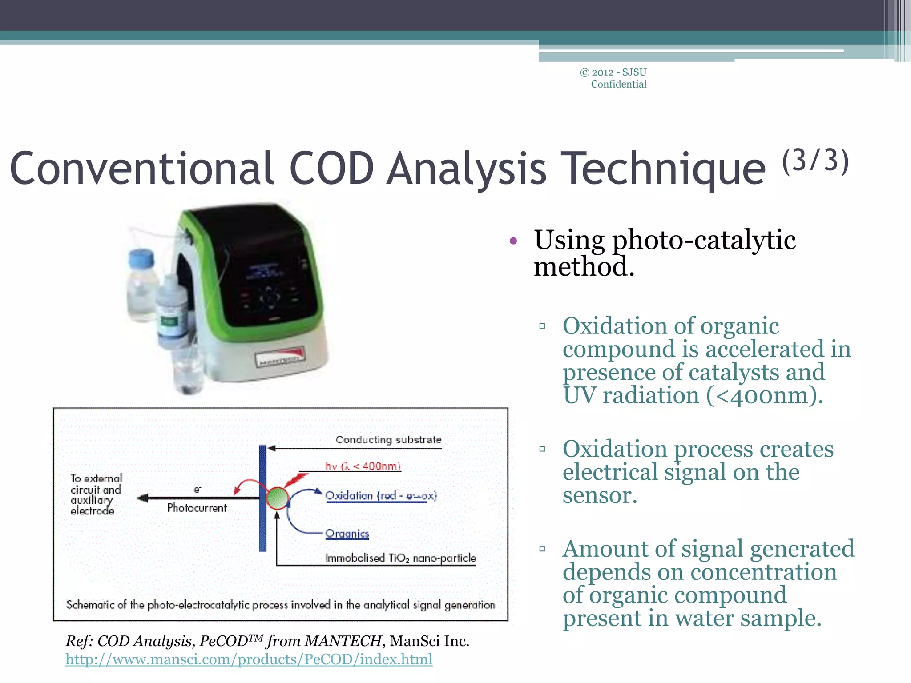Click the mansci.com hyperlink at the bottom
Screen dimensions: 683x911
coord(249,659)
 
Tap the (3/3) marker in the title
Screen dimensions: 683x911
coord(815,161)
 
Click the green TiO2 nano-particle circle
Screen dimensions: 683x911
coord(277,498)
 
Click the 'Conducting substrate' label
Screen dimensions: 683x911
coord(388,440)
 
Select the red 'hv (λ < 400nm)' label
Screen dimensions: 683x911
coord(363,466)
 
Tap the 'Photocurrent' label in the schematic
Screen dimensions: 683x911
coord(197,508)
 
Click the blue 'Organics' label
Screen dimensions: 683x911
coord(347,533)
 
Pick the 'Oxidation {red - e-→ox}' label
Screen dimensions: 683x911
coord(381,495)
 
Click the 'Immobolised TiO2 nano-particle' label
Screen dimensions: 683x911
coord(400,558)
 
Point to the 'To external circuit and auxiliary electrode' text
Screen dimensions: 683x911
coord(95,494)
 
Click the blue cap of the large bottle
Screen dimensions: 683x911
coord(141,259)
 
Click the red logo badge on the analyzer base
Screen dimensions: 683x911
coord(281,358)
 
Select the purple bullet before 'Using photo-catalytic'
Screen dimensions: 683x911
coord(513,241)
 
